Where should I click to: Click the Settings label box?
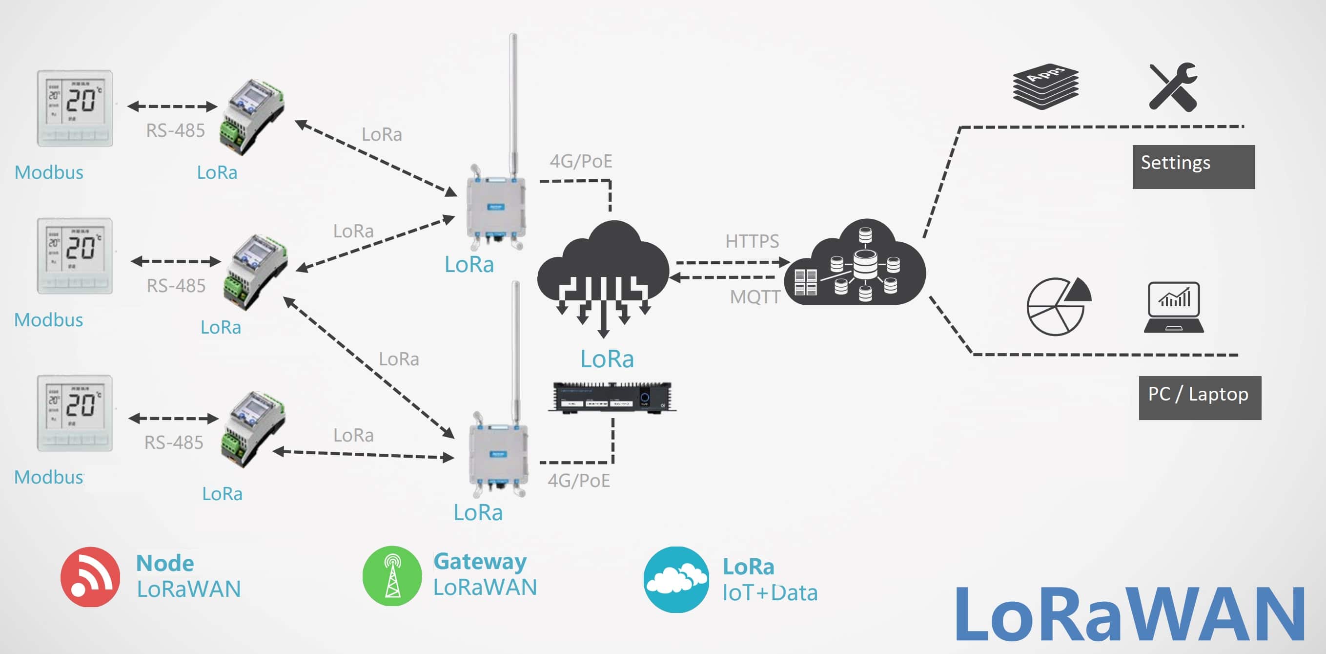[1193, 167]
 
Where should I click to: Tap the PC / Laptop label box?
[1200, 398]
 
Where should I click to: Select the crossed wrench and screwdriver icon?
[1173, 87]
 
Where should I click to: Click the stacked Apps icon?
[1045, 86]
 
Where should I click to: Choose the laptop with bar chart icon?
[1174, 307]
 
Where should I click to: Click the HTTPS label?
[752, 241]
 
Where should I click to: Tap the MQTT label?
[755, 297]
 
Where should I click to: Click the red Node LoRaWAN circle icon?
[90, 576]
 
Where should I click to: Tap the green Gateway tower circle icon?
[392, 576]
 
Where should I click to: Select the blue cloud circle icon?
[676, 579]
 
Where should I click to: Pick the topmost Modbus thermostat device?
[75, 108]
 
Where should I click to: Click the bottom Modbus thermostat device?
[75, 413]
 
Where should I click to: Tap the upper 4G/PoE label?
[581, 161]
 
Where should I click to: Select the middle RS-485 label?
[176, 286]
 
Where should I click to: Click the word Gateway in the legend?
[480, 561]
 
